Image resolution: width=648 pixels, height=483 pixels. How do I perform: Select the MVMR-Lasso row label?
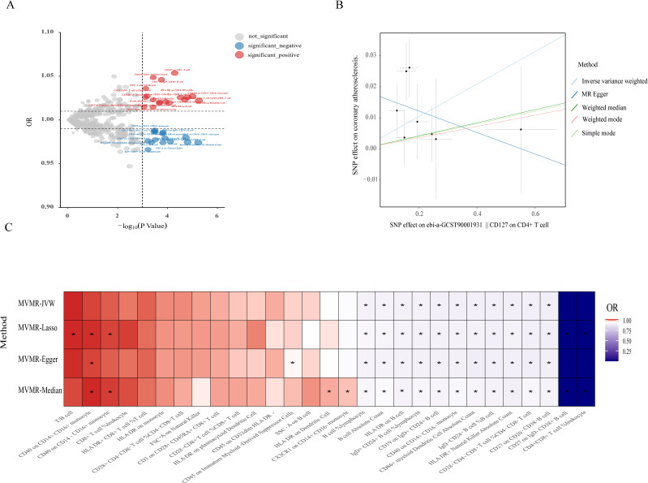[x=38, y=334]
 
